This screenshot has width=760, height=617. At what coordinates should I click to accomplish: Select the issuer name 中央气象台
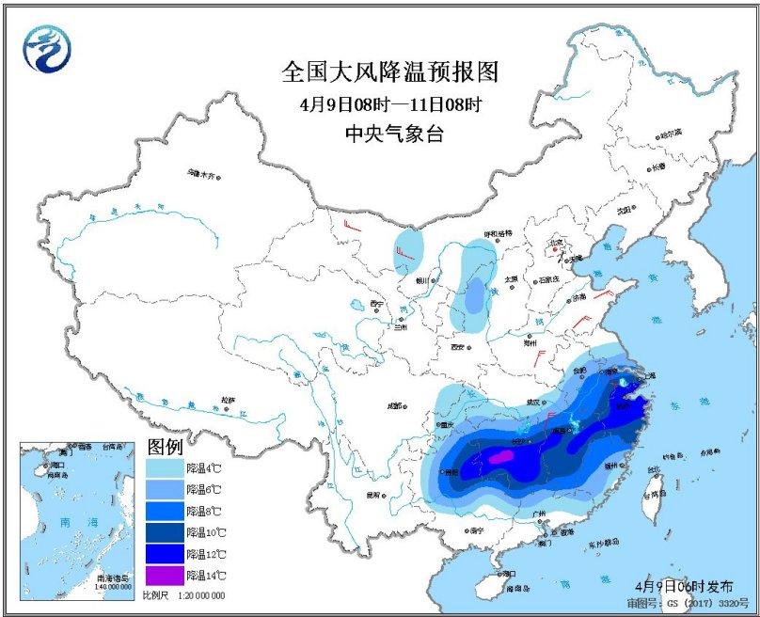[389, 134]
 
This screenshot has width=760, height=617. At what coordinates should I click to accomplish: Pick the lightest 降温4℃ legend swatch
[164, 467]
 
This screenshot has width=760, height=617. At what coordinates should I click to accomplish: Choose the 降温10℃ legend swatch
[164, 531]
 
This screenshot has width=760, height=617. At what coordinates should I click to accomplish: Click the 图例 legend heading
[166, 445]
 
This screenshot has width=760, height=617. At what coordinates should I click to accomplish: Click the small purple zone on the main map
[503, 456]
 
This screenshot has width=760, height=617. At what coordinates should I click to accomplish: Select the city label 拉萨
[226, 400]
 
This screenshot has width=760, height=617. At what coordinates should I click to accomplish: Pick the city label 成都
[394, 406]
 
